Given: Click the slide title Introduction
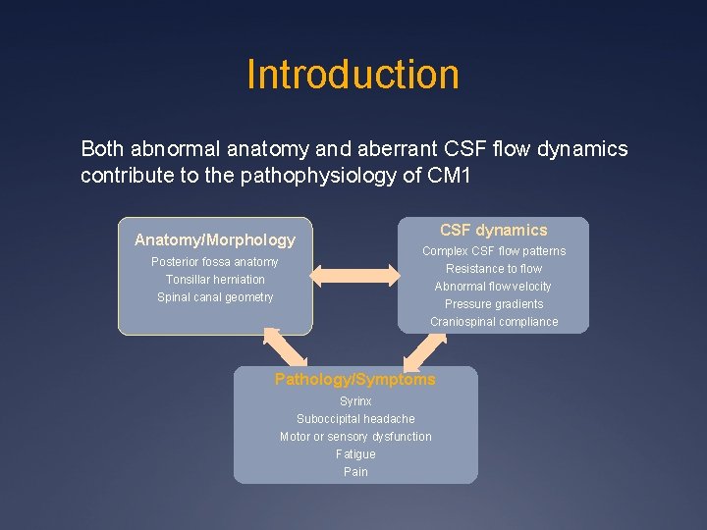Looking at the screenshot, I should pos(353,75).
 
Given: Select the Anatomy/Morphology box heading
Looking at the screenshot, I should pos(214,240).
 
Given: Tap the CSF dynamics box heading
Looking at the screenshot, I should pos(493,231).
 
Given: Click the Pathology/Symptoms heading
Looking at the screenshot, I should pos(354,380).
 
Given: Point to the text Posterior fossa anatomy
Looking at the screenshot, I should pos(214,262).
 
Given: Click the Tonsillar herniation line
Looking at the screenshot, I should pos(214,280).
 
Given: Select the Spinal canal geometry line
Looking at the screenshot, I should pos(214,297).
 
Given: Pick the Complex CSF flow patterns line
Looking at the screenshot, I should pos(493,251).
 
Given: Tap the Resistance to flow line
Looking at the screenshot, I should pos(493,269).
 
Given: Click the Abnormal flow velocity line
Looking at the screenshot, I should pos(493,287).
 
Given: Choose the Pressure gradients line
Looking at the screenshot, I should pos(493,304).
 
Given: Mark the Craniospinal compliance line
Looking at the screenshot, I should pos(493,322).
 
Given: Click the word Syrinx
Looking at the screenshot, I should pos(355,401).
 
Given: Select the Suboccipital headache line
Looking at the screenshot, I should pos(355,419).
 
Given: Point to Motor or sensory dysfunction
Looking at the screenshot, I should pos(355,437).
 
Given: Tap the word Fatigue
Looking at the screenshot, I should pos(355,454).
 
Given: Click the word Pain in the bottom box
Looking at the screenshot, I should pos(355,472).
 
